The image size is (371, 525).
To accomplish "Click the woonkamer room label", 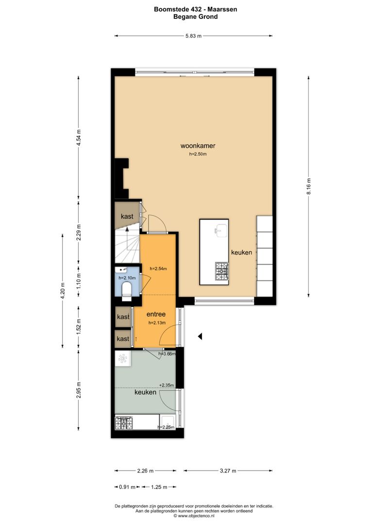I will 198,145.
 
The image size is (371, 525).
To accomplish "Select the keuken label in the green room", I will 145,392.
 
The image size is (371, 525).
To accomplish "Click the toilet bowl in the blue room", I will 126,291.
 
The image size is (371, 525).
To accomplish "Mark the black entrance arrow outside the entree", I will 200,336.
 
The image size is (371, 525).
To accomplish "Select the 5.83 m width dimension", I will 193,35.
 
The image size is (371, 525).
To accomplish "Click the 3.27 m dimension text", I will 228,471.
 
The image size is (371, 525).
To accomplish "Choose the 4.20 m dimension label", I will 62,291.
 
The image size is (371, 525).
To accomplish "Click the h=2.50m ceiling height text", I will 198,155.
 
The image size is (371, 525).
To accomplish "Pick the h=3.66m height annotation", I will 167,354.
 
